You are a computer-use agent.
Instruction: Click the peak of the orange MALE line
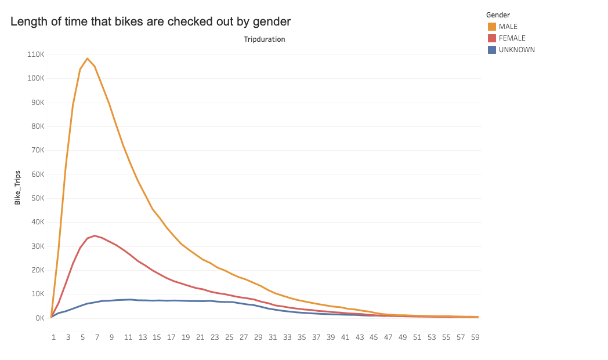point(87,59)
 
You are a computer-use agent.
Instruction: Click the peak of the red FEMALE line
point(95,236)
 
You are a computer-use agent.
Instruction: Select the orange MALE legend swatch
point(492,27)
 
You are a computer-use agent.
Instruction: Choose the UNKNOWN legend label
point(516,50)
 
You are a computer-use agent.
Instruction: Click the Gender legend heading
point(498,14)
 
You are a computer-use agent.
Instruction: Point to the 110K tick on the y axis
point(36,54)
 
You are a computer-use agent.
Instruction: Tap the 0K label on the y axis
point(39,318)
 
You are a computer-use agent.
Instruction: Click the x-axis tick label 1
point(53,337)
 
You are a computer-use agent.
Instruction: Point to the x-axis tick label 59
point(475,337)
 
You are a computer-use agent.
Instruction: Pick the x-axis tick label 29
point(258,337)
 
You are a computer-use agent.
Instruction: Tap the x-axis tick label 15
point(157,337)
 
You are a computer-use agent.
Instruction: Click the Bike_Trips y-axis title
point(17,187)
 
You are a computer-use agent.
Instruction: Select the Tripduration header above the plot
point(265,39)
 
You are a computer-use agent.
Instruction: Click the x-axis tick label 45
point(374,337)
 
